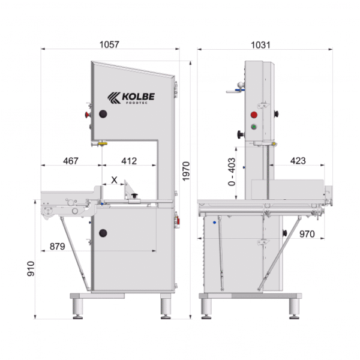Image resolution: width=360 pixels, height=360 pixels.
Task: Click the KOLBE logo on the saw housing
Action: coord(130,97)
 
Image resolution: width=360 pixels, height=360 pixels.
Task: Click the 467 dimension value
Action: coord(70,161)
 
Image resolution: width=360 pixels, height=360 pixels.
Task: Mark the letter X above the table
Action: coord(114,179)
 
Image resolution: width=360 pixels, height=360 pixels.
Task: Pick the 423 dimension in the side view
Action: coord(298,161)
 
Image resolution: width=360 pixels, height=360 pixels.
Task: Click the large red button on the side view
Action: coord(253,114)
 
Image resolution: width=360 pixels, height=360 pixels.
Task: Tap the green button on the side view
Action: coord(253,127)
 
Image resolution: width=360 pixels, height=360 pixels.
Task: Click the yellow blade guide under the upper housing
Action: coord(103,143)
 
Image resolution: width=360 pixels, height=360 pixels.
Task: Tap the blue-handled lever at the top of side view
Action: coord(235,91)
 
